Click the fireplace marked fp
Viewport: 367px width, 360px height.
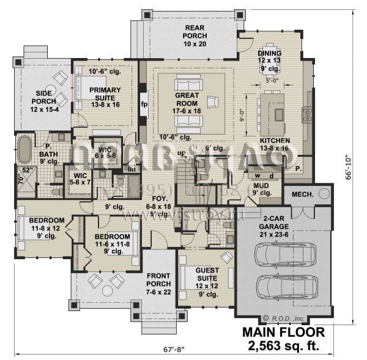144,103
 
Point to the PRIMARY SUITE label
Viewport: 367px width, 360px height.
105,94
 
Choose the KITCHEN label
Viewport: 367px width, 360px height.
274,144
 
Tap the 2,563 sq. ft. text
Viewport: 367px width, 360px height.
283,347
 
